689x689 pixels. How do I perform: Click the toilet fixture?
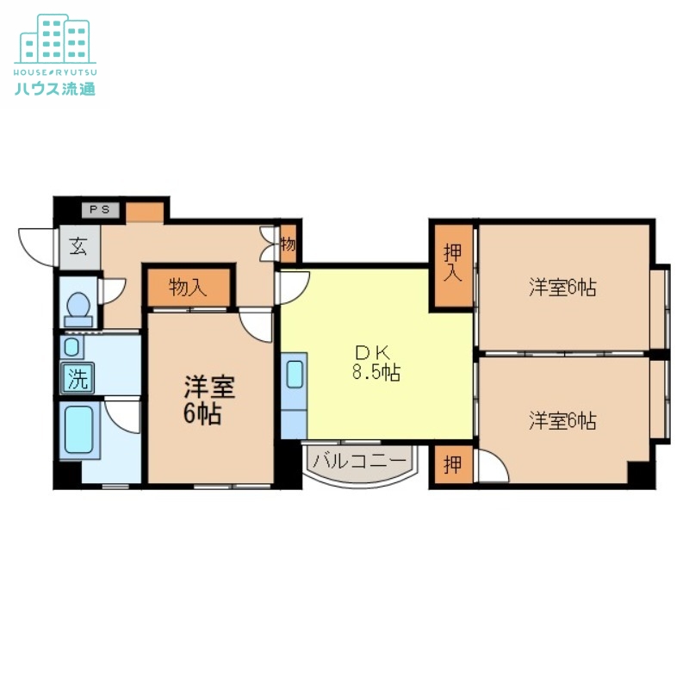79,306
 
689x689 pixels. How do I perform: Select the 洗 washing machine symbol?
78,377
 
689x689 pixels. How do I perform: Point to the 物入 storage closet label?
189,288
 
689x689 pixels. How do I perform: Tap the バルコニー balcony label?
358,462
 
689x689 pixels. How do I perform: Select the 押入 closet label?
453,264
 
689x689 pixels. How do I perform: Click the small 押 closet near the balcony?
453,465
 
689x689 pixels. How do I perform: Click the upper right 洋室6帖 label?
562,288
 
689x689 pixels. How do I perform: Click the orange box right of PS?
145,210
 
